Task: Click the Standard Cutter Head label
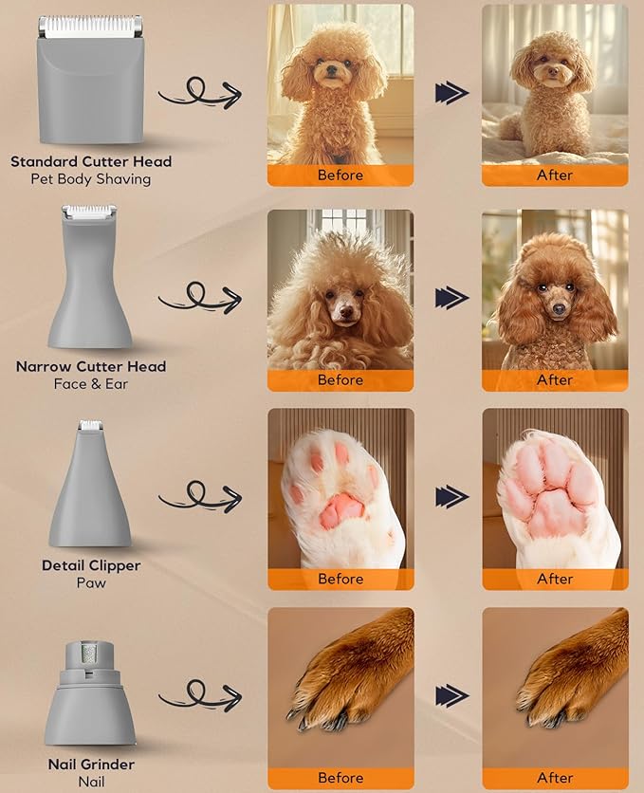coord(91,161)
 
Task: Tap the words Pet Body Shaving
coord(91,179)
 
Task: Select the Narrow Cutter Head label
coord(91,366)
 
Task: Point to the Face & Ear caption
coord(91,384)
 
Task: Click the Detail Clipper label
coord(91,565)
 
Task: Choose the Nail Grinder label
coord(91,765)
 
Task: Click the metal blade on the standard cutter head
coord(91,27)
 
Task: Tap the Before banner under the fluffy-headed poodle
coord(340,380)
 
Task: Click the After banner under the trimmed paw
coord(555,579)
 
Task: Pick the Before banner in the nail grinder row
coord(340,778)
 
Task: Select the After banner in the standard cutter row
coord(555,175)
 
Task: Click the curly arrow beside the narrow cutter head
coord(199,297)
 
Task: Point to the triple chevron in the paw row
coord(451,496)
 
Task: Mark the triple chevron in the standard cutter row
coord(451,92)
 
